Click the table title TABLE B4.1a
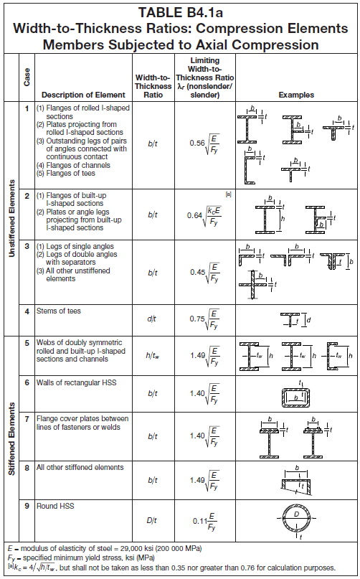(x=180, y=12)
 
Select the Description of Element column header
(x=83, y=95)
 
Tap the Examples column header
(x=296, y=95)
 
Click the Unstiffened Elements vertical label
(x=11, y=218)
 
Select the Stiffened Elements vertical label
(x=11, y=438)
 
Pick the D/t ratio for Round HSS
(x=152, y=520)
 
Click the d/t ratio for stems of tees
(x=152, y=319)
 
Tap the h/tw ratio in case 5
(x=153, y=356)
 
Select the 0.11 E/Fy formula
(x=205, y=521)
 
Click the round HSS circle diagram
(x=296, y=519)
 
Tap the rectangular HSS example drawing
(x=295, y=397)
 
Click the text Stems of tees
(x=58, y=311)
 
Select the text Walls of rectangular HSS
(x=76, y=382)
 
